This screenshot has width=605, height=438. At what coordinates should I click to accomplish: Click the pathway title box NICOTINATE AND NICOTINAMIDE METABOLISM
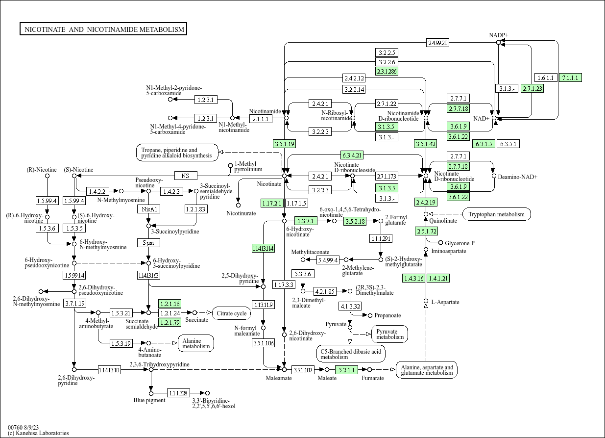tap(103, 29)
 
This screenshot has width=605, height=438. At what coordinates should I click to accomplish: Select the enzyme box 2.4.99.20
tap(437, 43)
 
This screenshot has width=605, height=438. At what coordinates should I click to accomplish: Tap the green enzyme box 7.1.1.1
tap(570, 77)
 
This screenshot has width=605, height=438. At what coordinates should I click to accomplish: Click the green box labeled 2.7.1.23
tap(532, 88)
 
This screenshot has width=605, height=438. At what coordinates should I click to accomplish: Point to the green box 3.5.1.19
tap(284, 144)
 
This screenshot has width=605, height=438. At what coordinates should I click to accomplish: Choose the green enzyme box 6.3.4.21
tap(352, 155)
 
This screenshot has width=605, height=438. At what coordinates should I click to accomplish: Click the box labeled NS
tap(185, 176)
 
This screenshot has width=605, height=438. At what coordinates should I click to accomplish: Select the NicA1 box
tap(148, 209)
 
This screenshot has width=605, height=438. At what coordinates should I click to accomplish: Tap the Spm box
tap(148, 242)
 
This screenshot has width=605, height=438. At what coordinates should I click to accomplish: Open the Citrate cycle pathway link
tap(231, 313)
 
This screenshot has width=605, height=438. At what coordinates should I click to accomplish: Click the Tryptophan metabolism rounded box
tap(496, 214)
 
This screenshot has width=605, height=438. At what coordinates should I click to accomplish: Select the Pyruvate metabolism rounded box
tap(389, 334)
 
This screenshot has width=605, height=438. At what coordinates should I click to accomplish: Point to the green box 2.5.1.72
tap(426, 231)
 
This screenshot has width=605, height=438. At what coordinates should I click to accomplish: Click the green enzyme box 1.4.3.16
tap(413, 278)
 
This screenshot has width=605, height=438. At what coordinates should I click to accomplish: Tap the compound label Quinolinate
tap(443, 221)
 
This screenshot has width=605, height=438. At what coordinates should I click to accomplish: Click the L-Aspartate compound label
tap(445, 302)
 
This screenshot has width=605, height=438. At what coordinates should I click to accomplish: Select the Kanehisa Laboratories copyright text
tap(38, 433)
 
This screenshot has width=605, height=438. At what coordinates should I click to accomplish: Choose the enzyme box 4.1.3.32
tap(350, 306)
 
